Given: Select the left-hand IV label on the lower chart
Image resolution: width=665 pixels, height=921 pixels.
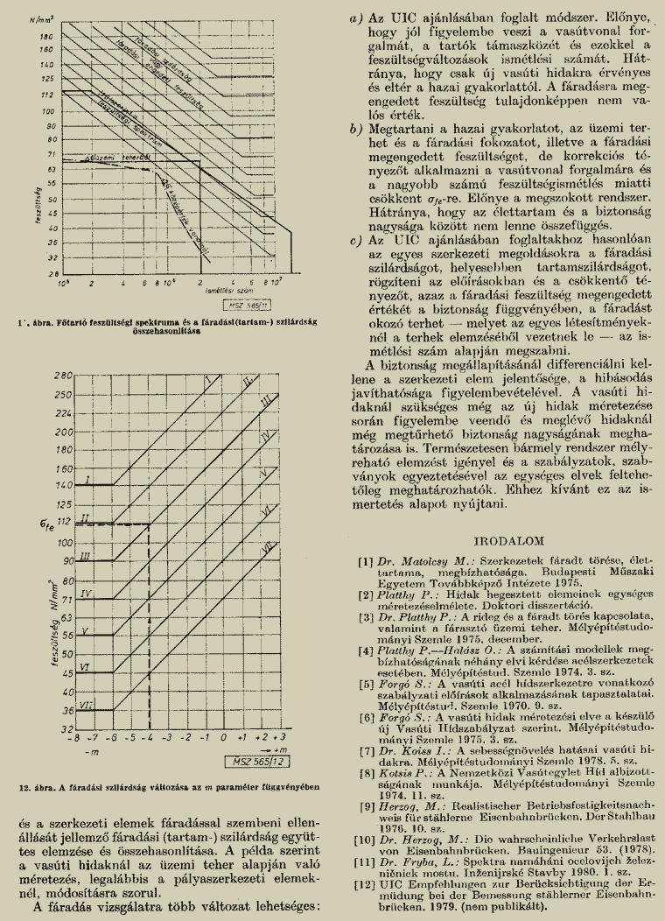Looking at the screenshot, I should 85,593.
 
